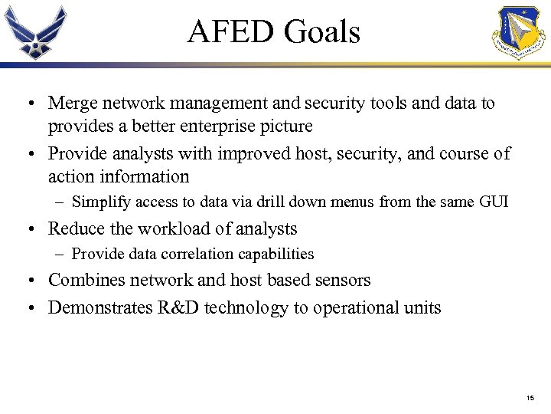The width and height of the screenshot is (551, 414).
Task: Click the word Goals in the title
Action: (321, 32)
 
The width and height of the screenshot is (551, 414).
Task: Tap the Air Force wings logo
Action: (35, 32)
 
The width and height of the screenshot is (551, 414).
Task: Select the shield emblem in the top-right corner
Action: (519, 33)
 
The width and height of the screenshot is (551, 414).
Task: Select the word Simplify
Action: (100, 202)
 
